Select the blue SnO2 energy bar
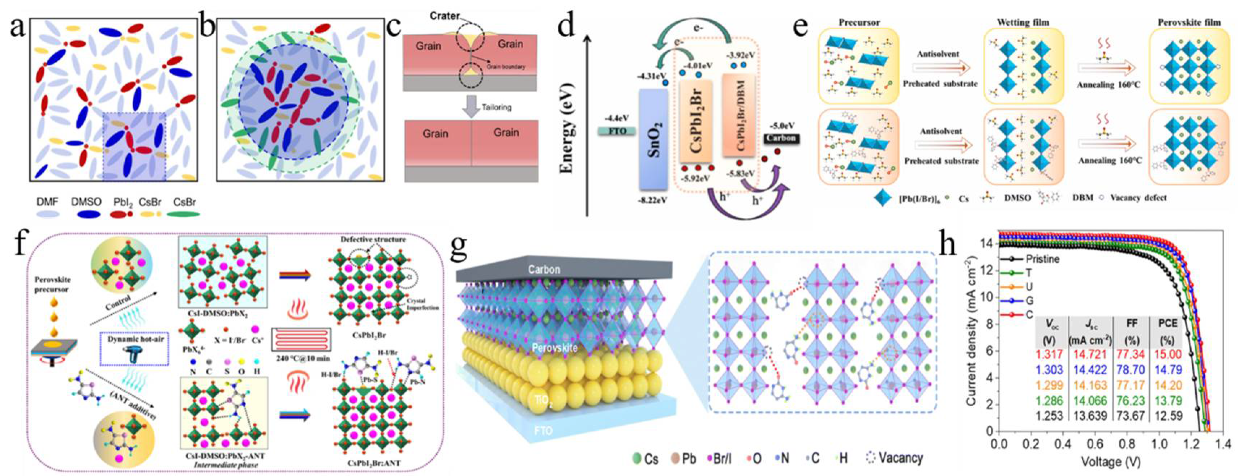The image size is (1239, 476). click(653, 139)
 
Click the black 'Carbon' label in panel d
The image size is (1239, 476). click(781, 139)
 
